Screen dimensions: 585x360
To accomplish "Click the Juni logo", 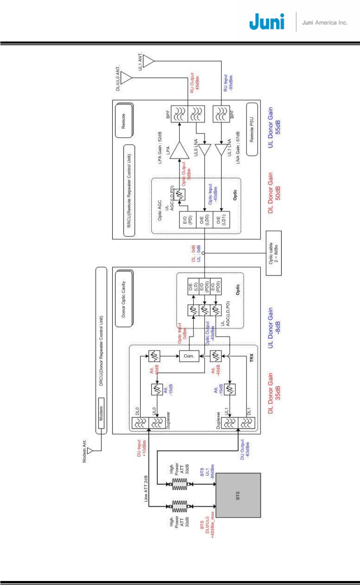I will pyautogui.click(x=267, y=22).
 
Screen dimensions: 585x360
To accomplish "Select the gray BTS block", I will pyautogui.click(x=238, y=495).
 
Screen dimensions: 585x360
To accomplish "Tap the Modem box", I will pyautogui.click(x=101, y=413).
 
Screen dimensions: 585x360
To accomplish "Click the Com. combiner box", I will pyautogui.click(x=189, y=356).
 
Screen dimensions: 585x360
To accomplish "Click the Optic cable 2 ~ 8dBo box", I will pyautogui.click(x=274, y=253).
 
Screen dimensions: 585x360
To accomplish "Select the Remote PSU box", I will pyautogui.click(x=252, y=129).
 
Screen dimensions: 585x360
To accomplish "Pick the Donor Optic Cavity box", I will pyautogui.click(x=124, y=299).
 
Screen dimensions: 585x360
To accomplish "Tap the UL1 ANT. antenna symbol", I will pyautogui.click(x=148, y=61).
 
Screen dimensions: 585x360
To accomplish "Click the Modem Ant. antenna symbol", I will pyautogui.click(x=90, y=451).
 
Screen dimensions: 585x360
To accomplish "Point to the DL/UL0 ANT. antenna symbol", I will pyautogui.click(x=126, y=77).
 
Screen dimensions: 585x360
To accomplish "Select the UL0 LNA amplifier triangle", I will pyautogui.click(x=204, y=150).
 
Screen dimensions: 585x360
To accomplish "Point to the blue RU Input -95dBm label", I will pyautogui.click(x=228, y=83).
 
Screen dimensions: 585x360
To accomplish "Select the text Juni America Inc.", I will pyautogui.click(x=324, y=23).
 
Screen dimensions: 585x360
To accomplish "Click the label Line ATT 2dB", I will pyautogui.click(x=146, y=489).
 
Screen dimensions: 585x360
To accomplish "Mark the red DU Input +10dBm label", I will pyautogui.click(x=141, y=448).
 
